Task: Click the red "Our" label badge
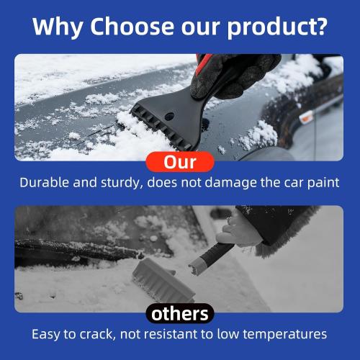(180, 161)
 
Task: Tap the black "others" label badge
(180, 313)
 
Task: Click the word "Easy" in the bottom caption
(47, 334)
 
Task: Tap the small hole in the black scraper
(170, 115)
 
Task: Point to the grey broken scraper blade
(161, 277)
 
